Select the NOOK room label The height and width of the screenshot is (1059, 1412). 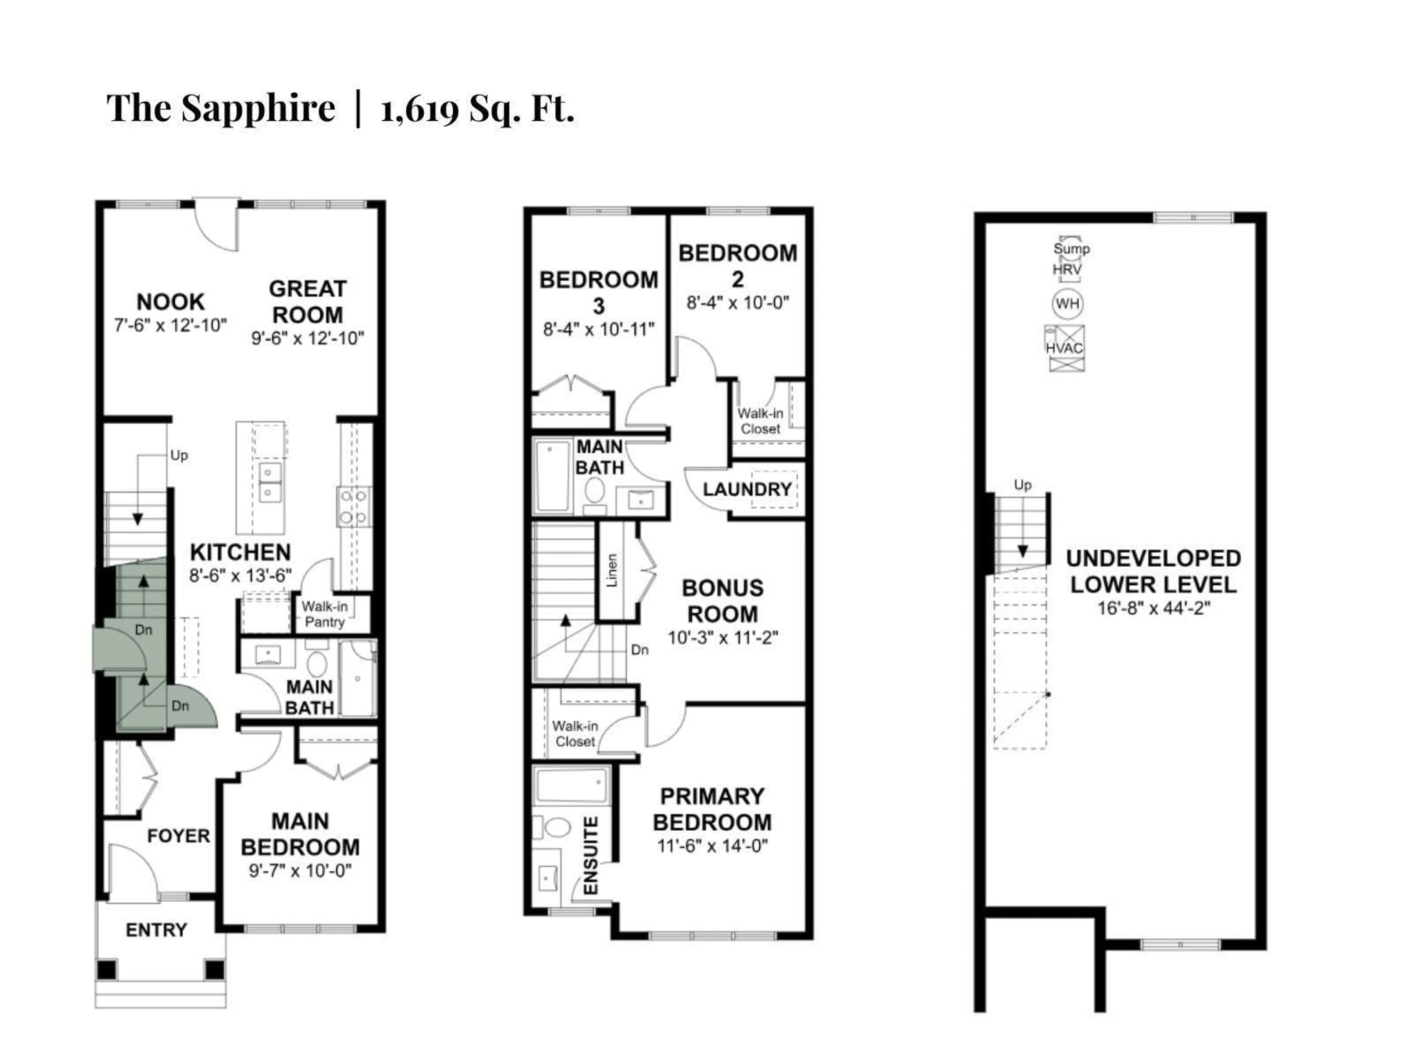171,302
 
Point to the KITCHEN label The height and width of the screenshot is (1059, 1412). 240,552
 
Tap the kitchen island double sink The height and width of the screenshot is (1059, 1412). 270,482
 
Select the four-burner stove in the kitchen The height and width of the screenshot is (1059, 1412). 353,507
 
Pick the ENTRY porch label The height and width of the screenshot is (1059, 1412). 156,930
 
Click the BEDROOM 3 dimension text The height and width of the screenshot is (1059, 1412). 598,329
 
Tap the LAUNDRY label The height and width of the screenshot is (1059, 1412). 747,490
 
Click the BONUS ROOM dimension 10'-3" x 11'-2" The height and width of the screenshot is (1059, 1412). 723,638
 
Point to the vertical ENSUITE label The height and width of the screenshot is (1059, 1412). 591,855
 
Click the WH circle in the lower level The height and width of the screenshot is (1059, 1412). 1067,304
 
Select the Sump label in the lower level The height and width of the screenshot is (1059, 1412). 1071,249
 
